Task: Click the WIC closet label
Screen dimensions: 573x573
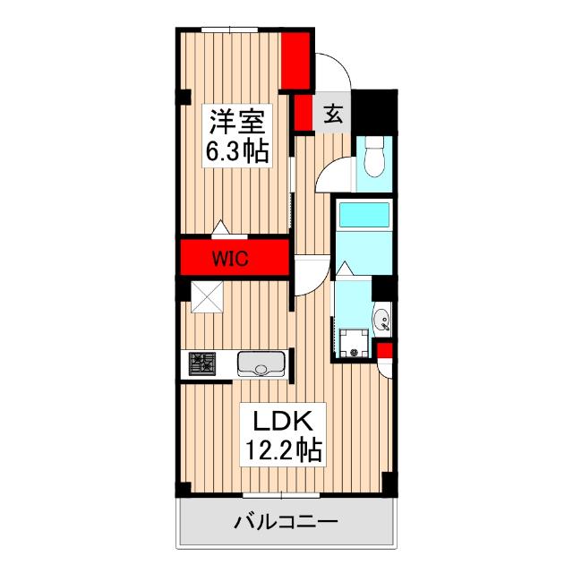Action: pyautogui.click(x=231, y=259)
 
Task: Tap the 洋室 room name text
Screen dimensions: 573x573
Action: pyautogui.click(x=236, y=122)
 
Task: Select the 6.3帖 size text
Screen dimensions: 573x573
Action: pyautogui.click(x=237, y=151)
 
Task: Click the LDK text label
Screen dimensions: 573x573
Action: pyautogui.click(x=283, y=421)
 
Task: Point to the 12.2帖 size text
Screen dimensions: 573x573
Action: pyautogui.click(x=283, y=450)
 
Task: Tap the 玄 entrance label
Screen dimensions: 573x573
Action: pyautogui.click(x=333, y=114)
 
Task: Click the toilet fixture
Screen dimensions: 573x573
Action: pyautogui.click(x=374, y=157)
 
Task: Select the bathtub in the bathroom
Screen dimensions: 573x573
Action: pyautogui.click(x=364, y=215)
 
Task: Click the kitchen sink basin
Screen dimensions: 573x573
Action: pyautogui.click(x=261, y=363)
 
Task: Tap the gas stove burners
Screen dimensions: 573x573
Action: pyautogui.click(x=201, y=363)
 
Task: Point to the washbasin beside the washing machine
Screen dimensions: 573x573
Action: pyautogui.click(x=382, y=320)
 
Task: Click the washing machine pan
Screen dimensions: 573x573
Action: pyautogui.click(x=354, y=342)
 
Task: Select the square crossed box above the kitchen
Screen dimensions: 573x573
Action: pyautogui.click(x=207, y=296)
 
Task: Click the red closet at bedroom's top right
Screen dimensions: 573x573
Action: pyautogui.click(x=295, y=61)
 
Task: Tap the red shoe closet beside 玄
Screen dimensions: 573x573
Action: pyautogui.click(x=303, y=113)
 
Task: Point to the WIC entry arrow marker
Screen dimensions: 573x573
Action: pyautogui.click(x=221, y=227)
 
